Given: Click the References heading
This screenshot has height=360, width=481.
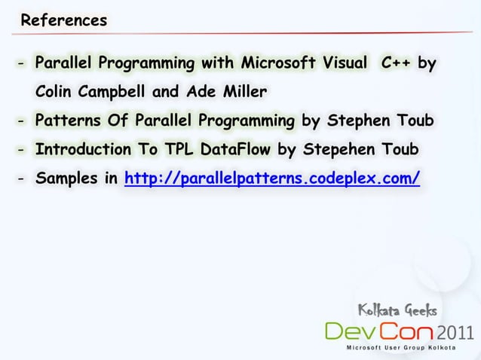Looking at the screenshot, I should point(64,20).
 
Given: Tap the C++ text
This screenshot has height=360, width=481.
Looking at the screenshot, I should point(396,63).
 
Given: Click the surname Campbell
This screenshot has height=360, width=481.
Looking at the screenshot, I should point(120,92).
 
